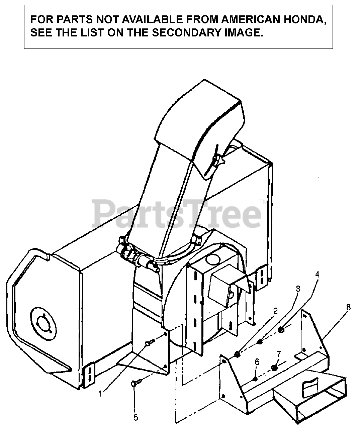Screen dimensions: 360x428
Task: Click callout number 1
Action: (101, 394)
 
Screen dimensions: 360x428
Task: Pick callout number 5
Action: (135, 417)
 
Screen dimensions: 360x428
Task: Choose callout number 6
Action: (257, 361)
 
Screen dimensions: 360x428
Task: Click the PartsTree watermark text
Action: (177, 213)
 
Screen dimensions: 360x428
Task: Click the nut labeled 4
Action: (281, 330)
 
